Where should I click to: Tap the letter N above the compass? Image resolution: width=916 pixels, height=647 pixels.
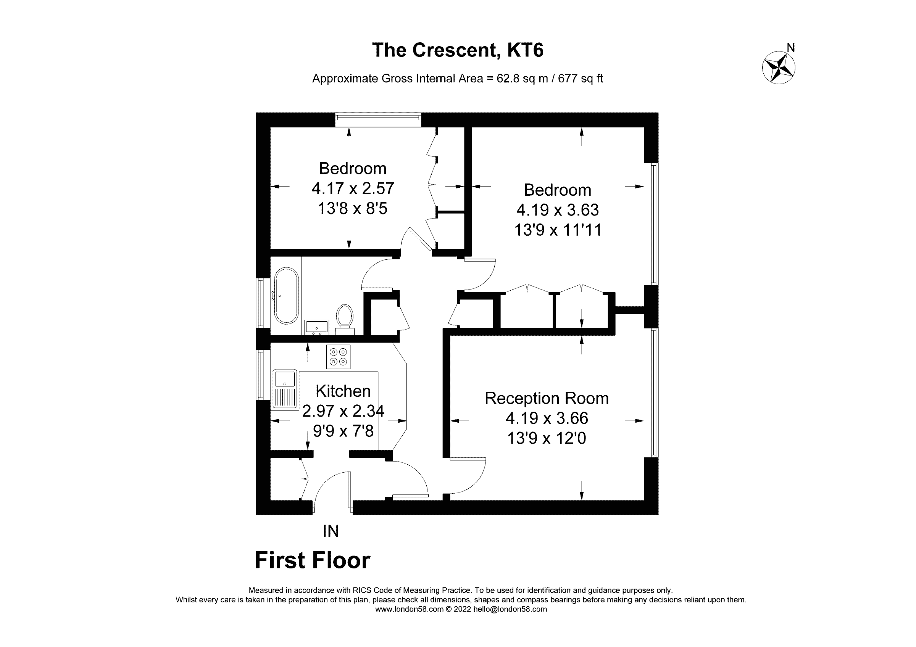click(790, 48)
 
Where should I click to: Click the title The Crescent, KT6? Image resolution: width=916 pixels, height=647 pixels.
click(458, 50)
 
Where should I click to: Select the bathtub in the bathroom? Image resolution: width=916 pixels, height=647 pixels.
click(286, 295)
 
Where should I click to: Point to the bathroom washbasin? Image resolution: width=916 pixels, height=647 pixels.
click(316, 327)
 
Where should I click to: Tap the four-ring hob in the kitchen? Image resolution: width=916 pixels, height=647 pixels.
click(338, 356)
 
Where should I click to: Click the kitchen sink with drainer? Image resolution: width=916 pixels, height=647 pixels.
click(285, 389)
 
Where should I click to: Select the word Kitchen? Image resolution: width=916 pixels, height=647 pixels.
click(343, 391)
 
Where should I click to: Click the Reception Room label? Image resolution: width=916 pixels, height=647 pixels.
click(546, 398)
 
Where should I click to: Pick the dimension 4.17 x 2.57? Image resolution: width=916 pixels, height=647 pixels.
click(353, 188)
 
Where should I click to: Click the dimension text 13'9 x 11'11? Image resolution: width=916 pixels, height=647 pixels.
click(557, 230)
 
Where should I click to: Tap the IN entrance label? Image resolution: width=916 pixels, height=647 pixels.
click(331, 531)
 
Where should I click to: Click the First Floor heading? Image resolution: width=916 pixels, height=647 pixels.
click(312, 560)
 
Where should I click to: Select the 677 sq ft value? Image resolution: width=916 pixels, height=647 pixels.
click(580, 79)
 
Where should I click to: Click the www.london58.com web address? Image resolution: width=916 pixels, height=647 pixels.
click(409, 609)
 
